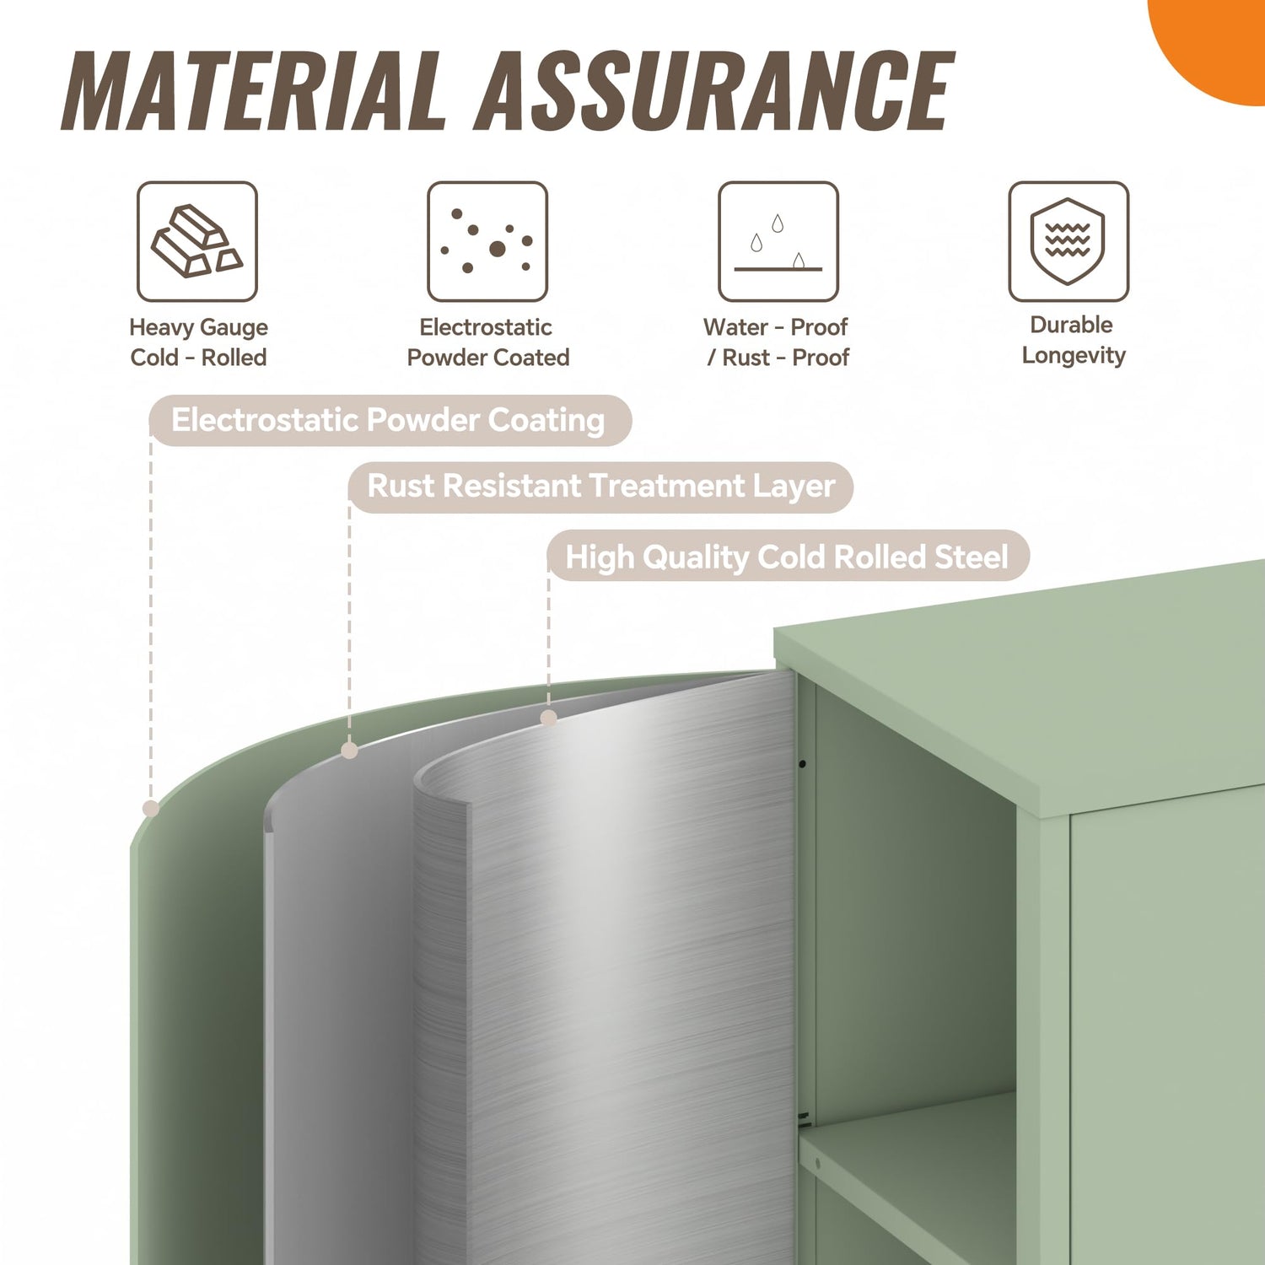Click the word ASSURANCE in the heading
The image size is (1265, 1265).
coord(716,90)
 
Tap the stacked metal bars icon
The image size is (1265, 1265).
coord(197,241)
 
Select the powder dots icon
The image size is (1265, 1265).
coord(487,241)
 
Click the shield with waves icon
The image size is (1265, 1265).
coord(1069,241)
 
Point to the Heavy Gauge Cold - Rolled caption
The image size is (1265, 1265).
coord(198,342)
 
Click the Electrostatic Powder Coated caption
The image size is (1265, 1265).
coord(487,342)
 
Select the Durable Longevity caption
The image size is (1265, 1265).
coord(1073,340)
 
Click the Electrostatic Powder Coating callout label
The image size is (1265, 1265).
coord(390,420)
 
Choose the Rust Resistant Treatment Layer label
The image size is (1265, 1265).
coord(600,487)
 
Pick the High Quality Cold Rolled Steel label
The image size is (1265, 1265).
coord(788,556)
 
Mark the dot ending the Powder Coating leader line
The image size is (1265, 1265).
coord(151,809)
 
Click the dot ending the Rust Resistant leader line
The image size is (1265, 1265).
coord(350,751)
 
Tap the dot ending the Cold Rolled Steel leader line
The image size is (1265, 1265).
coord(549,718)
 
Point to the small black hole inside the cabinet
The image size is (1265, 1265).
coord(802,764)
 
